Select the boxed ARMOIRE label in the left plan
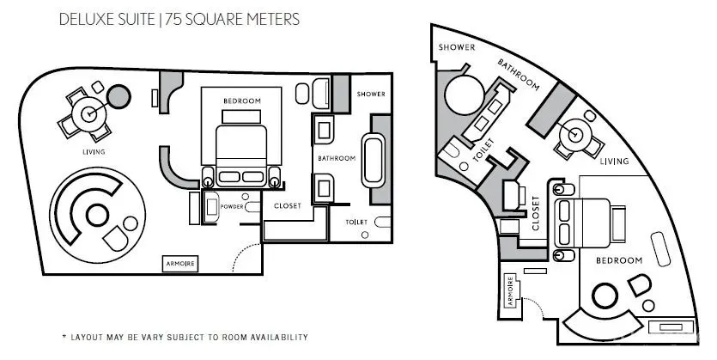tap(180, 264)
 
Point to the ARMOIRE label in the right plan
tap(511, 292)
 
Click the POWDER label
tap(232, 207)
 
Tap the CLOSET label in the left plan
tap(288, 206)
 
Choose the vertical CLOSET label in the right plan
tap(536, 213)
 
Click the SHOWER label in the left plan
tap(371, 94)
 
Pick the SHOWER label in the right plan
tap(457, 47)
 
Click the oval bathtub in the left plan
tap(374, 160)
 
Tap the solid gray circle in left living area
tap(118, 96)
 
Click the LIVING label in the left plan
tap(94, 152)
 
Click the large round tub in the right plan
tap(465, 95)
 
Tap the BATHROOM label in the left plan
tap(337, 158)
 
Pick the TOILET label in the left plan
tap(356, 223)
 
